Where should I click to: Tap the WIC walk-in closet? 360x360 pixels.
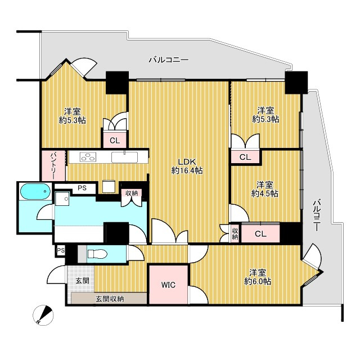pyautogui.click(x=168, y=285)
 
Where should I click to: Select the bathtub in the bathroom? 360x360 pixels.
pyautogui.click(x=35, y=191)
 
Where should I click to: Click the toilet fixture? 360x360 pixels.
pyautogui.click(x=97, y=254)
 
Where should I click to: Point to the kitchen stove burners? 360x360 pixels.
pyautogui.click(x=88, y=157)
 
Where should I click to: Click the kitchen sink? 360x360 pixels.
pyautogui.click(x=124, y=157)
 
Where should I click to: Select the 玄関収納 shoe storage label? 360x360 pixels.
pyautogui.click(x=110, y=299)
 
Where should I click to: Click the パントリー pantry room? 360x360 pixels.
pyautogui.click(x=53, y=165)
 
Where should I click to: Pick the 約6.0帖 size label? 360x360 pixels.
pyautogui.click(x=258, y=281)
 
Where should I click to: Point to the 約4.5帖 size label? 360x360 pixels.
pyautogui.click(x=265, y=193)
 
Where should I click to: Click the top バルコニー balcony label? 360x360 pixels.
pyautogui.click(x=169, y=60)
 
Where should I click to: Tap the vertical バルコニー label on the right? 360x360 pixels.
pyautogui.click(x=317, y=215)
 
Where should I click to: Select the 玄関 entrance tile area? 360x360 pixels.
pyautogui.click(x=81, y=279)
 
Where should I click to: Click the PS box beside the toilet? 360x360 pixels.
pyautogui.click(x=60, y=250)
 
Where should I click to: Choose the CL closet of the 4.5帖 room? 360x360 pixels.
pyautogui.click(x=260, y=233)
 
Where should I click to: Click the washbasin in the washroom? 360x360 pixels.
pyautogui.click(x=62, y=199)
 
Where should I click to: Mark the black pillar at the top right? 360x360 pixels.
pyautogui.click(x=296, y=83)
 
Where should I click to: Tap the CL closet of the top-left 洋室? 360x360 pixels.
pyautogui.click(x=115, y=140)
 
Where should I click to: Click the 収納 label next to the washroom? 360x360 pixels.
pyautogui.click(x=132, y=193)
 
